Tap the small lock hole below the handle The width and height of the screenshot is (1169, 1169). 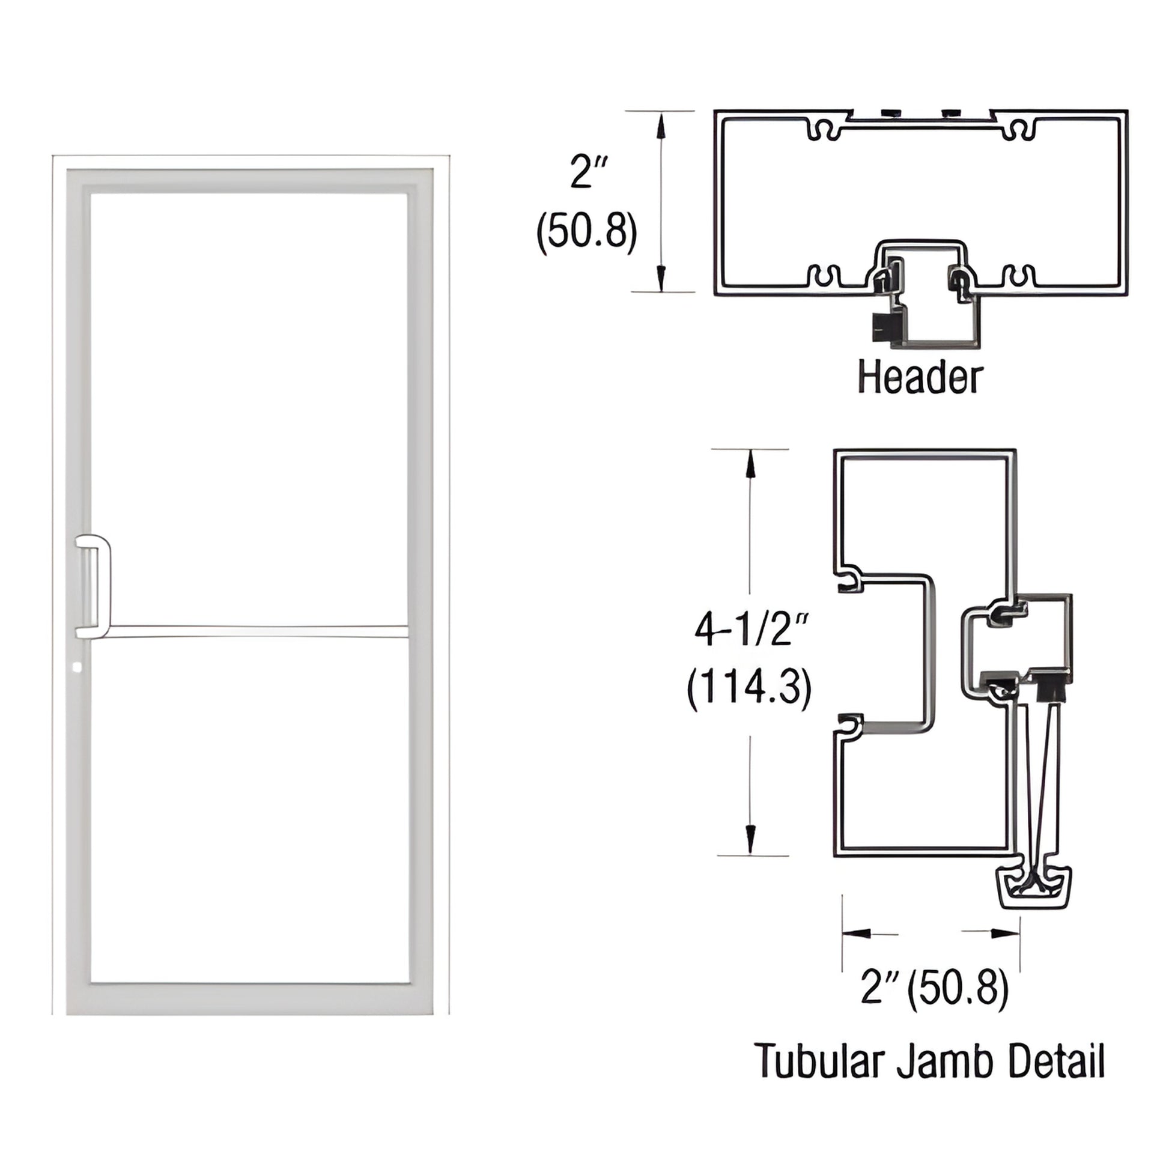click(76, 668)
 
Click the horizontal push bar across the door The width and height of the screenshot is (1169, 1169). click(254, 632)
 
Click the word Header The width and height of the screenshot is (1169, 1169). click(920, 378)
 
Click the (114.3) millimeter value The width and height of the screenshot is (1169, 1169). click(749, 688)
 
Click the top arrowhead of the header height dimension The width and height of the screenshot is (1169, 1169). click(661, 124)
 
